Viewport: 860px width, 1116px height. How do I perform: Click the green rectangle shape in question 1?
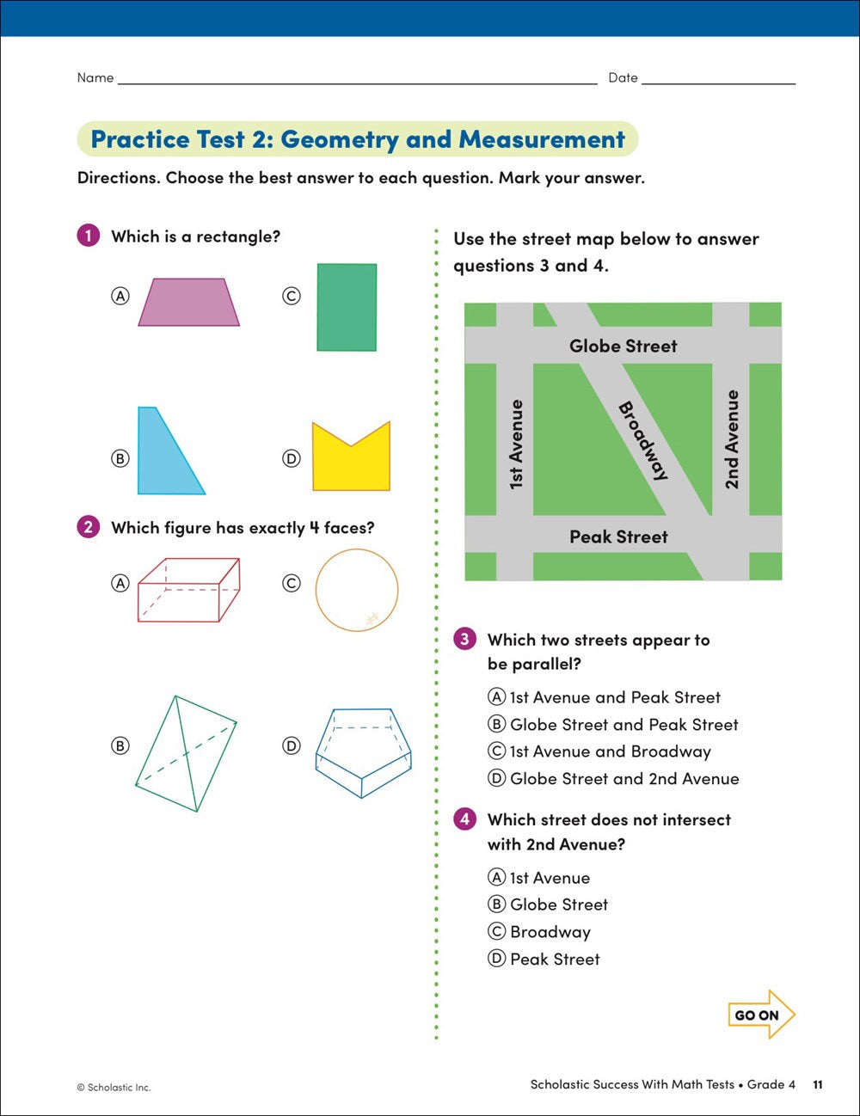[x=347, y=307]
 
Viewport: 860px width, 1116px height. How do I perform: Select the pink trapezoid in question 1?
[x=189, y=303]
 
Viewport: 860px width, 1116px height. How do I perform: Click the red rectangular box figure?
[x=188, y=590]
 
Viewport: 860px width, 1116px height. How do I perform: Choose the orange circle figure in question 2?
[x=357, y=591]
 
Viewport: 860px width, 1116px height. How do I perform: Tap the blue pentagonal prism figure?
[x=363, y=753]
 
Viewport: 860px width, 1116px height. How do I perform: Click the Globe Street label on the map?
[x=623, y=346]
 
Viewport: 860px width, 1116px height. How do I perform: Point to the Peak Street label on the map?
[x=618, y=537]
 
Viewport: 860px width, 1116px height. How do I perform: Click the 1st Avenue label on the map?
[x=516, y=445]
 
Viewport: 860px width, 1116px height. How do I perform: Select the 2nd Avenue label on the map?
[x=731, y=439]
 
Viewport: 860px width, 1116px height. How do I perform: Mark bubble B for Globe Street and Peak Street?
[x=496, y=725]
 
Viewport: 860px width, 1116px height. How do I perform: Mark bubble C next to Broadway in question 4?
[x=496, y=932]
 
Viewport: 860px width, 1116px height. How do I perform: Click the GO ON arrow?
[x=760, y=1015]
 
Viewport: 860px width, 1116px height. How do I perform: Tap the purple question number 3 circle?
[x=464, y=639]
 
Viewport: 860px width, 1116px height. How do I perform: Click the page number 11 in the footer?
[x=817, y=1085]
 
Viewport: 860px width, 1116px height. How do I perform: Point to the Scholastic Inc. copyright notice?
[x=114, y=1088]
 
